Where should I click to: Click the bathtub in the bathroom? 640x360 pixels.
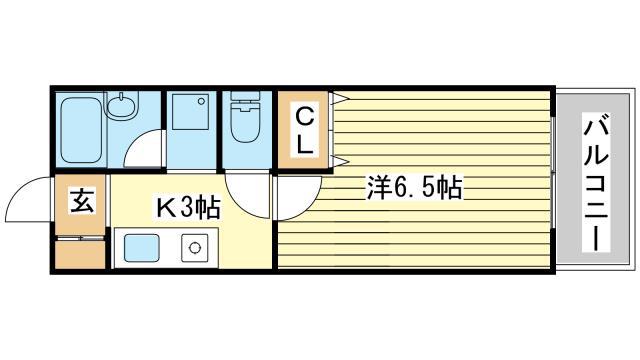click(81, 129)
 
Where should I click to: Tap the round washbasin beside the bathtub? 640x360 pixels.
click(122, 107)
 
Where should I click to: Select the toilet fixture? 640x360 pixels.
click(245, 118)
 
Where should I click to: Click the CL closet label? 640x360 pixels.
click(304, 131)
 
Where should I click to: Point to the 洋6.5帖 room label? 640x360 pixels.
click(414, 187)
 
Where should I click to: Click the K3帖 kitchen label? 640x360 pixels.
click(189, 207)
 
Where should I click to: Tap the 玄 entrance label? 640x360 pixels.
click(83, 200)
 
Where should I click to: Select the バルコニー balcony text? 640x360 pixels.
click(596, 185)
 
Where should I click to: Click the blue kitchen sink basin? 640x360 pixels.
click(141, 248)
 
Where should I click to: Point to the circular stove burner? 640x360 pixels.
click(195, 247)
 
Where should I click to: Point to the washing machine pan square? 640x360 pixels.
click(190, 111)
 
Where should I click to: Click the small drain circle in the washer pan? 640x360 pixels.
click(201, 101)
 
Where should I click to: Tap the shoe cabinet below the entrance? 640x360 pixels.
click(80, 254)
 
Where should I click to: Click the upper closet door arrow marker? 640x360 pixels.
click(340, 98)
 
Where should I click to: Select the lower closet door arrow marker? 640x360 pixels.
click(340, 160)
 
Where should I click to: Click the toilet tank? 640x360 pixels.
click(245, 96)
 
